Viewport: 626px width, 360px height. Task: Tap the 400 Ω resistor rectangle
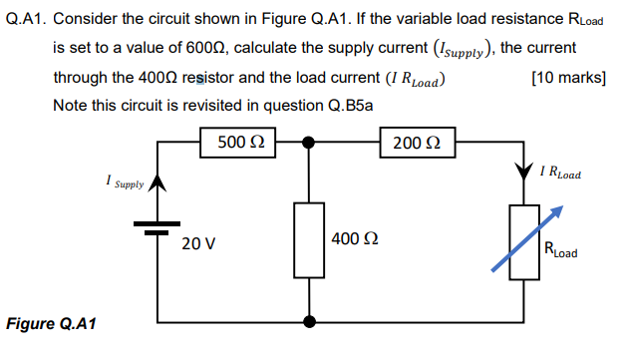click(309, 239)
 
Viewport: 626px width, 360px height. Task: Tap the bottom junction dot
click(309, 322)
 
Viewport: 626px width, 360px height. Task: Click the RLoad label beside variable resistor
click(560, 250)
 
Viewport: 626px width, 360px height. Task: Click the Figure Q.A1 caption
click(50, 323)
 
